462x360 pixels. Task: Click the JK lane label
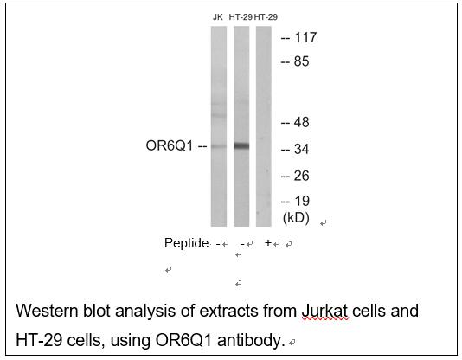[218, 17]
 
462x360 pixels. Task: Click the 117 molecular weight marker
[305, 37]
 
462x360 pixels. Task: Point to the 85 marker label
[301, 61]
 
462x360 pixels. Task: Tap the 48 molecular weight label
[301, 122]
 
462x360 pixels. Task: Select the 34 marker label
[301, 149]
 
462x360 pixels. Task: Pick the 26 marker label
[301, 176]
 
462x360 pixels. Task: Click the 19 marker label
[302, 202]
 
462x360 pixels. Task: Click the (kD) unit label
[296, 218]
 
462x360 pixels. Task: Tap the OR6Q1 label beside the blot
[170, 146]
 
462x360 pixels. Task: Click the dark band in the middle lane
[241, 146]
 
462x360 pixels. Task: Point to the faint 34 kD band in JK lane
[219, 146]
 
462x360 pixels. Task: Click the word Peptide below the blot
[186, 243]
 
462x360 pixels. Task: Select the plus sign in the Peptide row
[268, 243]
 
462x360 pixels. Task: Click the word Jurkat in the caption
[325, 311]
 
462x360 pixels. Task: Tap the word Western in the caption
[47, 311]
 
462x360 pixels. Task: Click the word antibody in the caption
[251, 341]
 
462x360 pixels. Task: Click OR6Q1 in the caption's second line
[183, 341]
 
